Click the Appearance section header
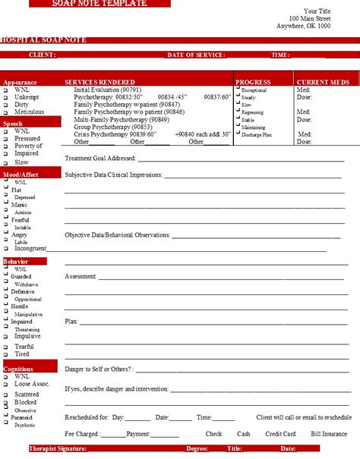[x=21, y=82]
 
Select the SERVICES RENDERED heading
[x=100, y=82]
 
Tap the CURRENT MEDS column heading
[x=324, y=82]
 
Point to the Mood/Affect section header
[x=21, y=174]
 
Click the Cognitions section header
[x=18, y=368]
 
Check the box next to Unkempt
[x=5, y=97]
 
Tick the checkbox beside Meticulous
[x=5, y=112]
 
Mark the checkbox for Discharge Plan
[x=237, y=134]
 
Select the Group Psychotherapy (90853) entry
[x=108, y=127]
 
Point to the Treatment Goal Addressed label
[x=100, y=159]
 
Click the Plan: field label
[x=72, y=322]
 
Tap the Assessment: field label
[x=81, y=276]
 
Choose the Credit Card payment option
[x=280, y=434]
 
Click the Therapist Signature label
[x=58, y=449]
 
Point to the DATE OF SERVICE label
[x=196, y=55]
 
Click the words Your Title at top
[x=317, y=11]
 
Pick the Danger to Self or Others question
[x=99, y=369]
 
